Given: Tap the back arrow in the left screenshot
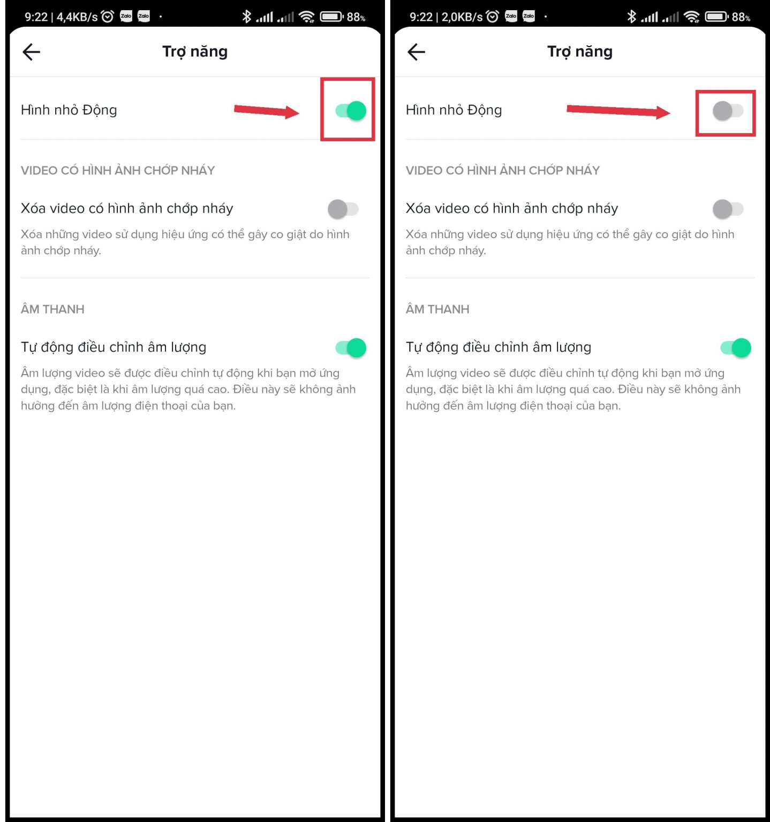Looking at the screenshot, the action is (32, 52).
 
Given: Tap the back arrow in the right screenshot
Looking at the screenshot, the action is (416, 52).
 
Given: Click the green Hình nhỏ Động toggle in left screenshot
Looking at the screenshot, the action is (351, 111).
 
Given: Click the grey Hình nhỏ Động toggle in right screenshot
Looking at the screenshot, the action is (728, 111).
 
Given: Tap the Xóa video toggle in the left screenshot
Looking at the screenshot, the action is (343, 209).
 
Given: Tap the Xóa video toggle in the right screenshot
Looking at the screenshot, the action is (728, 209).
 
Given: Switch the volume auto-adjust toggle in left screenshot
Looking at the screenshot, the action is (351, 348).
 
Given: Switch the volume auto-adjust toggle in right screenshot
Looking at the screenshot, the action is (736, 348).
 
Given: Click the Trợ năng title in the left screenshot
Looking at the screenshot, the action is (195, 52).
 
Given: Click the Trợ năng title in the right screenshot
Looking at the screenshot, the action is (580, 52).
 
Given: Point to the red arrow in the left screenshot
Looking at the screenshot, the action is (267, 111).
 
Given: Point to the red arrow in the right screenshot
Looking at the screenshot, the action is (618, 111).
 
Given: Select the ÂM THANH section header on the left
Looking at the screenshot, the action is (52, 309).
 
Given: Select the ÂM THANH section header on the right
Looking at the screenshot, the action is (437, 309).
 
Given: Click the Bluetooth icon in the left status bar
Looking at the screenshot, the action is (246, 17).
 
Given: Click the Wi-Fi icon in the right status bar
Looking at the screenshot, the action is (692, 17).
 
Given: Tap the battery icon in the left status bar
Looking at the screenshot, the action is (331, 17).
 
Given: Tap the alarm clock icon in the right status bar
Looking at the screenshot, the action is (493, 17).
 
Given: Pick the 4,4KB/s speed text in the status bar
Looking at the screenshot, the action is (77, 17).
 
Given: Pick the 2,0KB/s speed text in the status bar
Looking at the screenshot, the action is (462, 17).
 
